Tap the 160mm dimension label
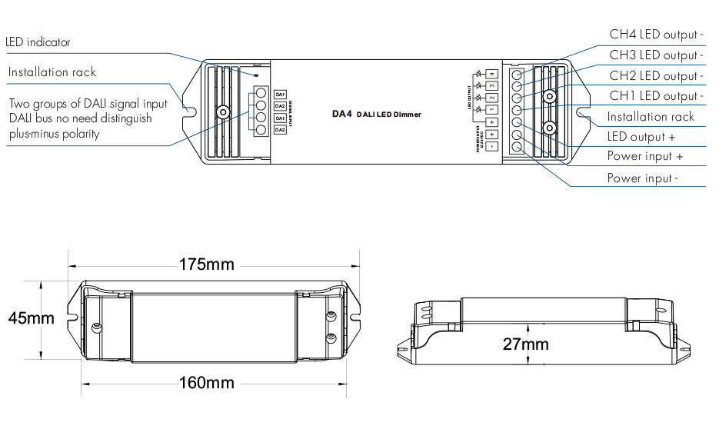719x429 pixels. [x=207, y=382]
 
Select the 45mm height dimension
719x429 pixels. [x=32, y=318]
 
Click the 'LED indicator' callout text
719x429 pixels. [x=38, y=42]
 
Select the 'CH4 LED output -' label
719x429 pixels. [x=656, y=35]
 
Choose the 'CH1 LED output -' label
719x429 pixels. [x=656, y=96]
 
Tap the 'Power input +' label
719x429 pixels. [x=645, y=156]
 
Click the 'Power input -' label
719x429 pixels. [x=643, y=178]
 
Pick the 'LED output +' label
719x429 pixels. [x=641, y=137]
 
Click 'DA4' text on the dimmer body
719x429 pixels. [x=341, y=113]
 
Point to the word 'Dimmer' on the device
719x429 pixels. [x=407, y=114]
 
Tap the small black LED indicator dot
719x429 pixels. [x=257, y=76]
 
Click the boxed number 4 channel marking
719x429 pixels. [x=491, y=74]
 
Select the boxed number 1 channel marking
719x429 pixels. [x=491, y=110]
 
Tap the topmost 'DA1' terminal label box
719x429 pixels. [x=280, y=94]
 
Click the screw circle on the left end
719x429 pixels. [x=222, y=111]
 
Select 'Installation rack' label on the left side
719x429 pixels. [x=52, y=72]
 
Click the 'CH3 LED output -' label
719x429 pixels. [x=656, y=55]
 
